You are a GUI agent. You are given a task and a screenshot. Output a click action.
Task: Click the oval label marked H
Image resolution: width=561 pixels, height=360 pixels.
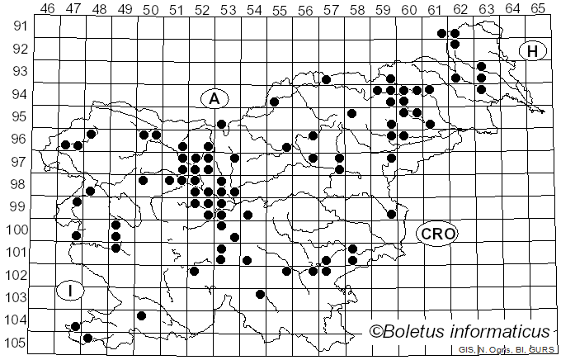click(533, 51)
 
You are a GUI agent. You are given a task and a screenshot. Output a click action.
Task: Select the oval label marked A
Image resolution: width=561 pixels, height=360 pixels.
click(214, 98)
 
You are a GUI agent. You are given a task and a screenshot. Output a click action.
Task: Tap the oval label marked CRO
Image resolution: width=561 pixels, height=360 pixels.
click(436, 234)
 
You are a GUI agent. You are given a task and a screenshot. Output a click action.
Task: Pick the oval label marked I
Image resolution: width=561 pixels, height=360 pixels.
click(71, 290)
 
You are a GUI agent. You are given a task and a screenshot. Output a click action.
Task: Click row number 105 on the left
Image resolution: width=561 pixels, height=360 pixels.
click(16, 343)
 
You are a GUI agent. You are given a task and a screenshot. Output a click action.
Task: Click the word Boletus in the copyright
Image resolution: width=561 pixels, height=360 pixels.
click(416, 331)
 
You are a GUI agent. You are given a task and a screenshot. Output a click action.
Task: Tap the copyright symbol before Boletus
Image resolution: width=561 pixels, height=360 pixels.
click(375, 331)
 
